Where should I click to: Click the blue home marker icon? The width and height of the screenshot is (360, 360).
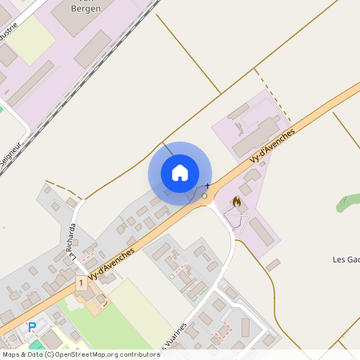180,173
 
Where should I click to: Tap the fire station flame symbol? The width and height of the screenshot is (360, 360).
236,203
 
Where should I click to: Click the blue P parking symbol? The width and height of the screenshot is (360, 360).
32,326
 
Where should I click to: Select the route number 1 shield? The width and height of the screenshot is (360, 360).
81,283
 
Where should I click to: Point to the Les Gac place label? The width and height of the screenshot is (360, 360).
345,259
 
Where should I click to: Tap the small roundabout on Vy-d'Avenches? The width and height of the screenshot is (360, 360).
205,195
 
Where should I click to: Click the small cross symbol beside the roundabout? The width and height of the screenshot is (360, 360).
208,186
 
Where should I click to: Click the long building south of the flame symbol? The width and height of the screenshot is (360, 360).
259,231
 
